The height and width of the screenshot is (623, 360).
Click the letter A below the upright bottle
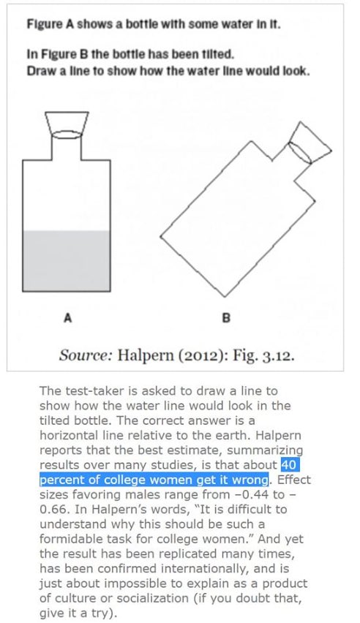tap(68, 318)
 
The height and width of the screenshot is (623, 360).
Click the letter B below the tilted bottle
tap(225, 318)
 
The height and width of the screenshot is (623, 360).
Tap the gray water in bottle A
tap(67, 260)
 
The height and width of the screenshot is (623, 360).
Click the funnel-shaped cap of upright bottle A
tap(67, 125)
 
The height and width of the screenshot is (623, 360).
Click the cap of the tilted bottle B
tap(310, 143)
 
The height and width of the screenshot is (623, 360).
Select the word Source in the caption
tap(85, 355)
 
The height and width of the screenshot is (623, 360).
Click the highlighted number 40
tap(288, 464)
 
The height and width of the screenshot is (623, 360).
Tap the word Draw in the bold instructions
tap(38, 71)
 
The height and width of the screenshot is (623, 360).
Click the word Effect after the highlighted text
tap(293, 480)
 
